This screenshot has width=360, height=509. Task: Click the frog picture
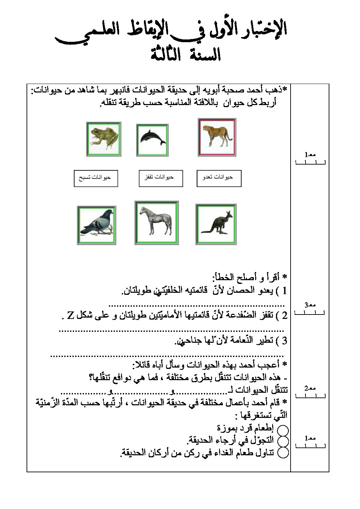104,139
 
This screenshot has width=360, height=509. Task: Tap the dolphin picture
152,140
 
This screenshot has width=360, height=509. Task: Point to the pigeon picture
96,225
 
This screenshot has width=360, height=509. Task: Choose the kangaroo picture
216,224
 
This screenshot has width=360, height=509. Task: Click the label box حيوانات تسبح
96,178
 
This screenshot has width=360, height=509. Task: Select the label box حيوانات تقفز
161,178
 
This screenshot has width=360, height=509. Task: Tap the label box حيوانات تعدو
219,178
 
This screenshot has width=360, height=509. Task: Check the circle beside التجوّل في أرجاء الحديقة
283,441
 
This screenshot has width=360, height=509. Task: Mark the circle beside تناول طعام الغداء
283,453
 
